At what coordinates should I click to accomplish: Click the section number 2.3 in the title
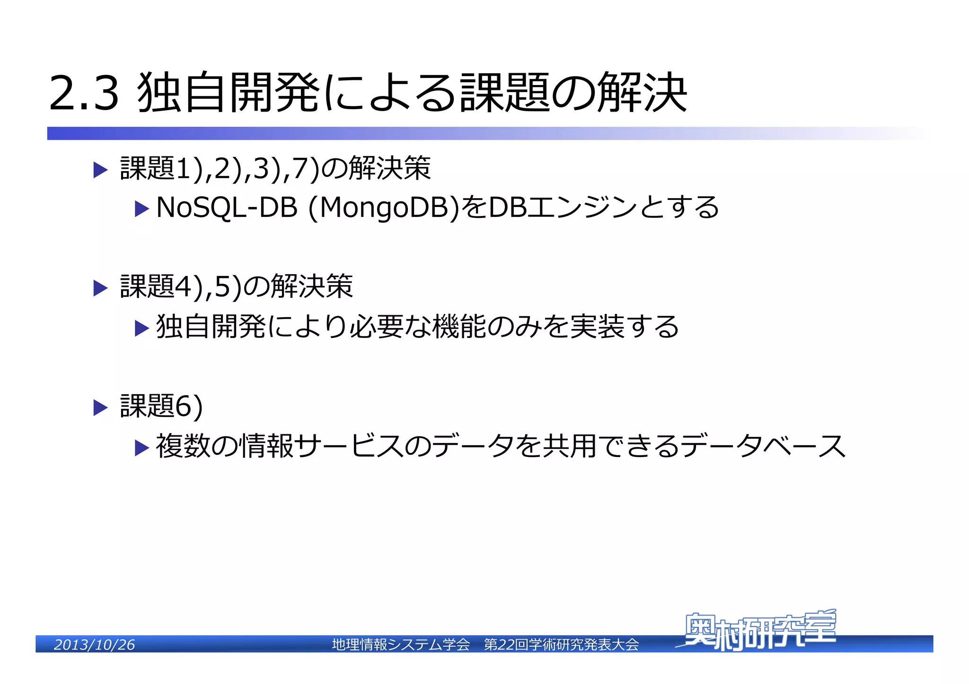84,93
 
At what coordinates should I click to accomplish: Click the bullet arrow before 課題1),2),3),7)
100,170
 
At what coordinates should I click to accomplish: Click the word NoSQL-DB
227,208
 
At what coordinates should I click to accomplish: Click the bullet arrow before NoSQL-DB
141,208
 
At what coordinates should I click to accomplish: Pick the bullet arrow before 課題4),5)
100,288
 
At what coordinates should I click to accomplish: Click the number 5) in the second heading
228,287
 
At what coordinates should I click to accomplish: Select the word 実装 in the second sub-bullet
598,327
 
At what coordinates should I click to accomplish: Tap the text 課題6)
161,406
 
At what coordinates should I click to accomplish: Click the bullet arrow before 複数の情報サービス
141,447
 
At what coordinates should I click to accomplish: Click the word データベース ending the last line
764,446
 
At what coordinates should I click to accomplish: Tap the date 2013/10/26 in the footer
94,645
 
